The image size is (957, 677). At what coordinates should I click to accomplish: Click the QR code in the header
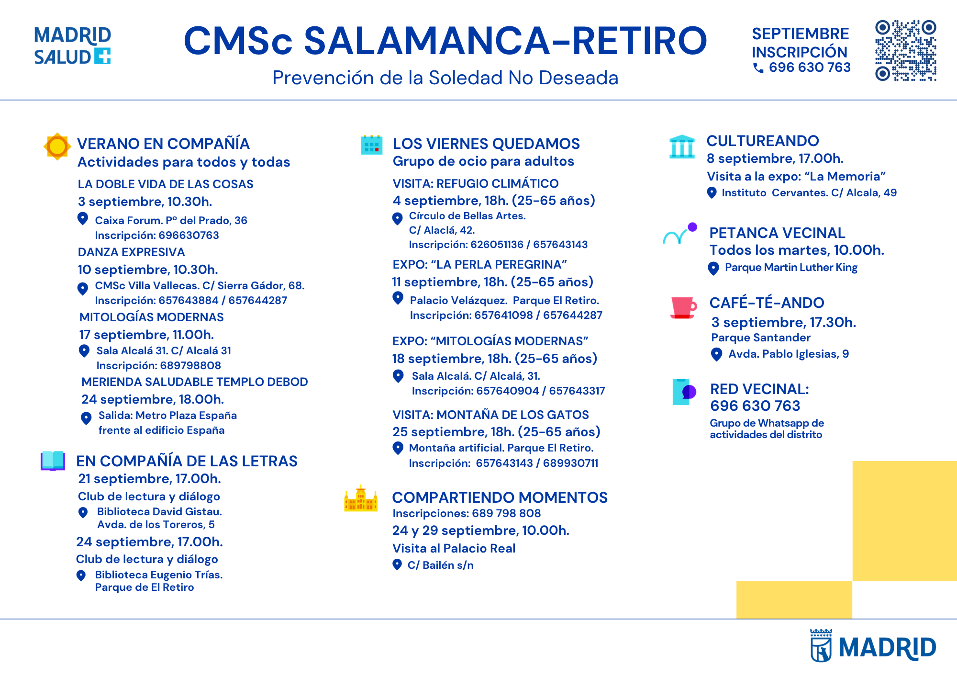click(x=906, y=51)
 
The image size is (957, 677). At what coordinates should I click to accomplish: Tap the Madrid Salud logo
click(x=72, y=45)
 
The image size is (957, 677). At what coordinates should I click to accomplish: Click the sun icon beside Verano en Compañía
click(x=57, y=146)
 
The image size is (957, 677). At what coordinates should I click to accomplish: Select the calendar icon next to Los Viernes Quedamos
click(x=371, y=145)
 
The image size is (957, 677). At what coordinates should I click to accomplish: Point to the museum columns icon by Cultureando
click(x=682, y=147)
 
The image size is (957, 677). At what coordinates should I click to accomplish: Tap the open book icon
click(x=53, y=461)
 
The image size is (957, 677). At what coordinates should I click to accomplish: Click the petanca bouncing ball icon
click(x=679, y=234)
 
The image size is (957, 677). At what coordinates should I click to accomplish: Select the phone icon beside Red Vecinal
click(x=684, y=392)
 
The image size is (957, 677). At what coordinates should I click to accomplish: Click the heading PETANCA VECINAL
click(x=777, y=233)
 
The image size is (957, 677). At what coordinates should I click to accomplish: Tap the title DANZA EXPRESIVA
click(x=131, y=252)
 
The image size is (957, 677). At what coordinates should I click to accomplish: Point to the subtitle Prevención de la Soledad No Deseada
click(x=445, y=78)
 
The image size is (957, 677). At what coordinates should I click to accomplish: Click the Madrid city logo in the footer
click(x=873, y=646)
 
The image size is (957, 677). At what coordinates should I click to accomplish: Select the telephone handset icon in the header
click(x=758, y=68)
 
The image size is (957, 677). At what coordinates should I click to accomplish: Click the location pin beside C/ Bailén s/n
click(x=397, y=564)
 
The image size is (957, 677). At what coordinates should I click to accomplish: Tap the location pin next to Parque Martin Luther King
click(x=713, y=268)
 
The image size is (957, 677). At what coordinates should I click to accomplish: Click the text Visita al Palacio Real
click(x=454, y=548)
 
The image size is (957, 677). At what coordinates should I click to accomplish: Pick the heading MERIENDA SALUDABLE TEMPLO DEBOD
click(x=195, y=382)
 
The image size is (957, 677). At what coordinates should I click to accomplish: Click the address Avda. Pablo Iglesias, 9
click(x=789, y=354)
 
